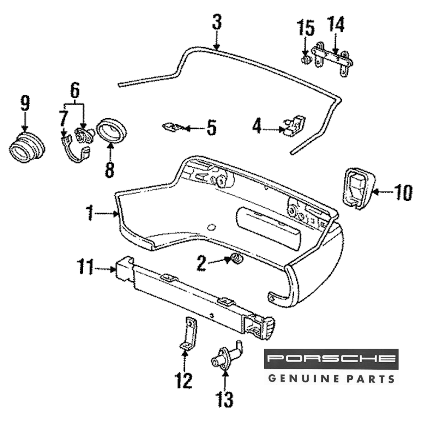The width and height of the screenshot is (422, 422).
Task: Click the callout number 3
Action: (x=217, y=22)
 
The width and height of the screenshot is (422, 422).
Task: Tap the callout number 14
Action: (x=336, y=25)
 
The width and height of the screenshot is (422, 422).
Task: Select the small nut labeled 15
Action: (x=305, y=60)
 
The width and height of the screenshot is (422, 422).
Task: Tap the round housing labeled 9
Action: (x=26, y=147)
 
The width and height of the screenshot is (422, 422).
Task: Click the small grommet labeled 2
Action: (x=236, y=259)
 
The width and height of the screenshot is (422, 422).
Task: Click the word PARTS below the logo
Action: (x=371, y=378)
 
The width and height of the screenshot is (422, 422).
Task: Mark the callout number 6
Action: (x=74, y=90)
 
